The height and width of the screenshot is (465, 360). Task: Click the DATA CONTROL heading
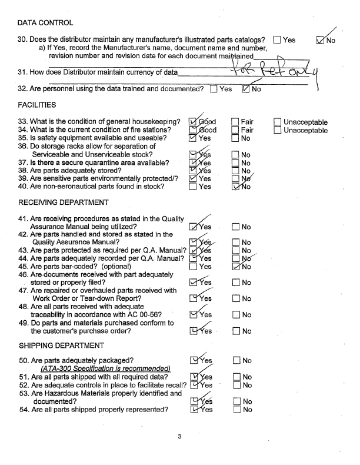tap(45, 23)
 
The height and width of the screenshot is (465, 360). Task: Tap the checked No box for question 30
tap(321, 40)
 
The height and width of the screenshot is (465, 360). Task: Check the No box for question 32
tap(245, 89)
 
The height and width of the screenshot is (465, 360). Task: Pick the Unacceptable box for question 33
tap(278, 122)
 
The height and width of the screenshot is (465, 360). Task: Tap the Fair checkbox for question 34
tap(235, 130)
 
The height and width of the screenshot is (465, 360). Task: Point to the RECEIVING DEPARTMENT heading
tap(64, 202)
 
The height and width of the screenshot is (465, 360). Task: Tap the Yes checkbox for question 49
tap(194, 331)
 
